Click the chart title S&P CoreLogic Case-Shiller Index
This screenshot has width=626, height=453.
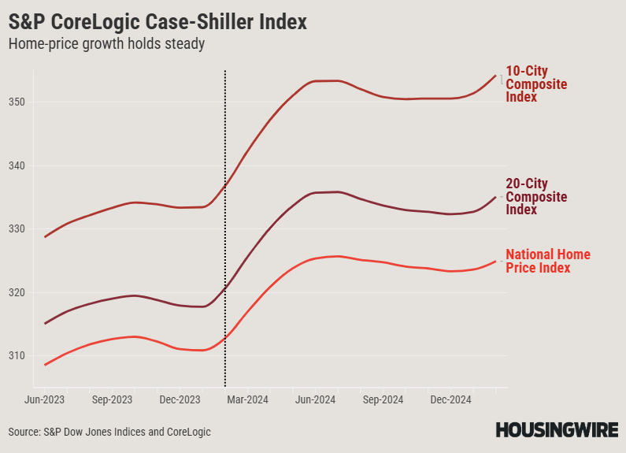157,22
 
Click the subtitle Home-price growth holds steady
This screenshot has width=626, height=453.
106,44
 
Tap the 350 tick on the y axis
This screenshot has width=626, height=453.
17,102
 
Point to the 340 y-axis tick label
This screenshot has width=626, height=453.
17,165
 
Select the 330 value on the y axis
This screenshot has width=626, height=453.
17,229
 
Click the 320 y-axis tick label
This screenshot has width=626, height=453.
17,292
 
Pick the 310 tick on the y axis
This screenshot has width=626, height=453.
17,355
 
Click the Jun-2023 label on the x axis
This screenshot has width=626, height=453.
45,400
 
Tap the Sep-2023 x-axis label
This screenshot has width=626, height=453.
112,400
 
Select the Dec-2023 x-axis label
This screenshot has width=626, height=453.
180,400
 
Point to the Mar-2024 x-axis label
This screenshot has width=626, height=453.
247,400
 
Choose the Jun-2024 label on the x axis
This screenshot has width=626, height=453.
315,400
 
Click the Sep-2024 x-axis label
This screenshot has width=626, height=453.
382,400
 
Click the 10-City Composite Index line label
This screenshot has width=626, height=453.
536,84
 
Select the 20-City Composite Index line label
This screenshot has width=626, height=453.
536,197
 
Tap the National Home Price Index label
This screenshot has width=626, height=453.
547,261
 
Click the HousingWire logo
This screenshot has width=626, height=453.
557,430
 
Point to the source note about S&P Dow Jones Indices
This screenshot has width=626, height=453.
109,432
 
